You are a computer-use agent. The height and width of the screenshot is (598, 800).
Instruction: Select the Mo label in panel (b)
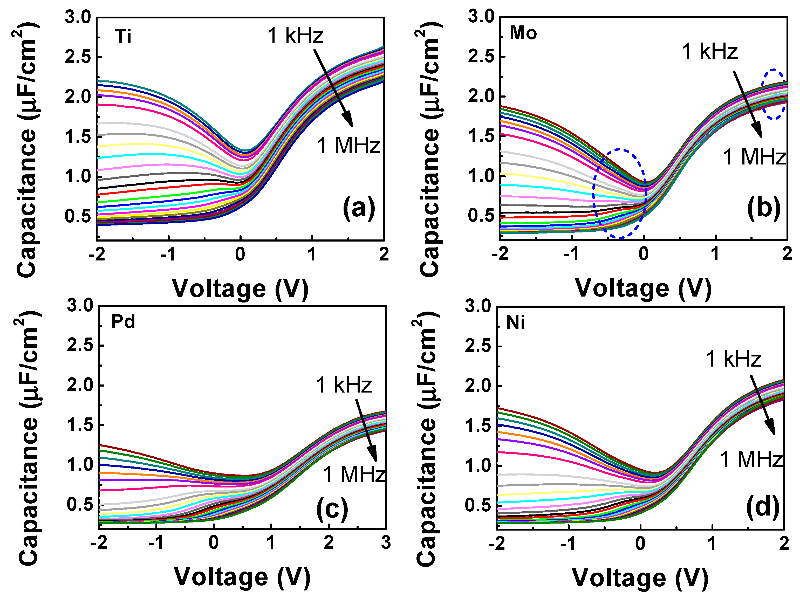click(523, 33)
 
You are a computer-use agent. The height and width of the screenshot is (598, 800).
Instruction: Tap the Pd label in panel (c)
click(123, 321)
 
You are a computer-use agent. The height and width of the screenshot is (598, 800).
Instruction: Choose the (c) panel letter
click(332, 509)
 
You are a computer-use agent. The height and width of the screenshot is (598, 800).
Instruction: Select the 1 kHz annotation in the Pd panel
click(344, 385)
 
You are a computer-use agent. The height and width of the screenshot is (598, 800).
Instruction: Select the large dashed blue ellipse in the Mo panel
click(619, 194)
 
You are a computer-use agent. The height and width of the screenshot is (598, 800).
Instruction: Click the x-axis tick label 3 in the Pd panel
click(386, 543)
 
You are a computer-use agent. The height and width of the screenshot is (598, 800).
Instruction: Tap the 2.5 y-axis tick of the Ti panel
click(77, 57)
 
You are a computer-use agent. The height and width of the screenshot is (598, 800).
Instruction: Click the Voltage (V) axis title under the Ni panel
click(640, 578)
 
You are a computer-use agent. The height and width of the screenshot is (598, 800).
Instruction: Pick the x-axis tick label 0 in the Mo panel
click(644, 254)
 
